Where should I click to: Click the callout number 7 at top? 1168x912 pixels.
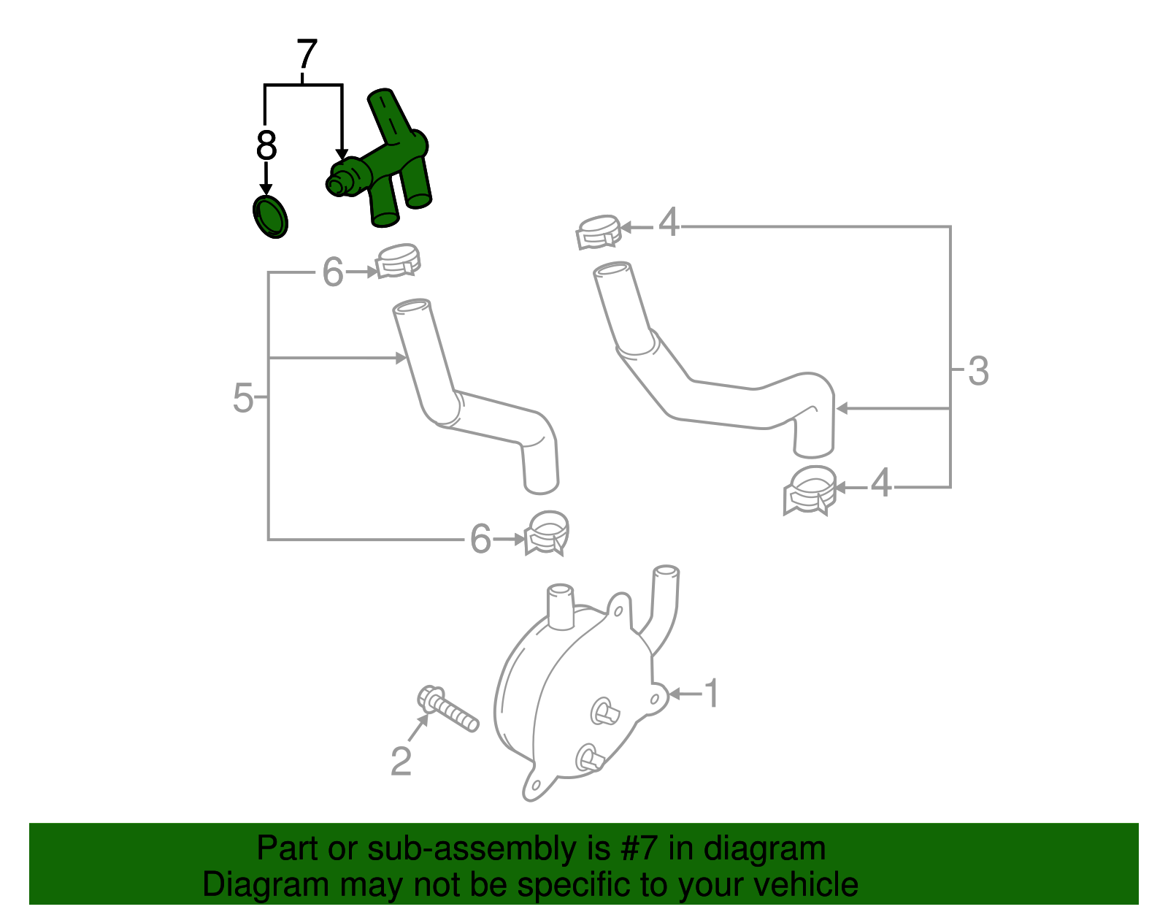click(307, 55)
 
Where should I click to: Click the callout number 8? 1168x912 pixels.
click(266, 146)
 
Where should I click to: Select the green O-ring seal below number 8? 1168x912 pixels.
click(270, 217)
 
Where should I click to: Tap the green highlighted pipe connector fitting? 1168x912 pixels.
click(387, 164)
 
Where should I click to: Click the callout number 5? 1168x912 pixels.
click(242, 399)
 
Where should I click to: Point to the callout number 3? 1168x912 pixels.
click(978, 371)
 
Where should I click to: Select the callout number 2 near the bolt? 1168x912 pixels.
click(401, 761)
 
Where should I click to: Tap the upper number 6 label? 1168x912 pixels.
click(333, 273)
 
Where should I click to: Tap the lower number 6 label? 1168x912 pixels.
click(480, 540)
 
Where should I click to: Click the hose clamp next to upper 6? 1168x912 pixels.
click(398, 260)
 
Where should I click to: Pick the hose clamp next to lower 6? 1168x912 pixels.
click(547, 533)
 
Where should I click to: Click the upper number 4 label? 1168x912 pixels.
click(669, 222)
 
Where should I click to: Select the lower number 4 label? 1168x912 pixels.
click(881, 483)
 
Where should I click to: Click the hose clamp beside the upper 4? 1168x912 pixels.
click(598, 231)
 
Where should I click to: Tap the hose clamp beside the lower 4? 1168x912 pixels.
click(810, 490)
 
